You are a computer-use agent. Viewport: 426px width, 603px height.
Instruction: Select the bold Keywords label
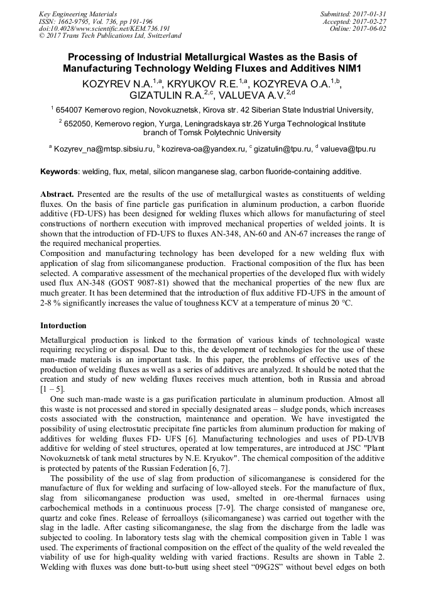coord(60,172)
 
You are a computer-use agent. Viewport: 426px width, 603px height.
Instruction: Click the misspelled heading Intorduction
coord(63,326)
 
